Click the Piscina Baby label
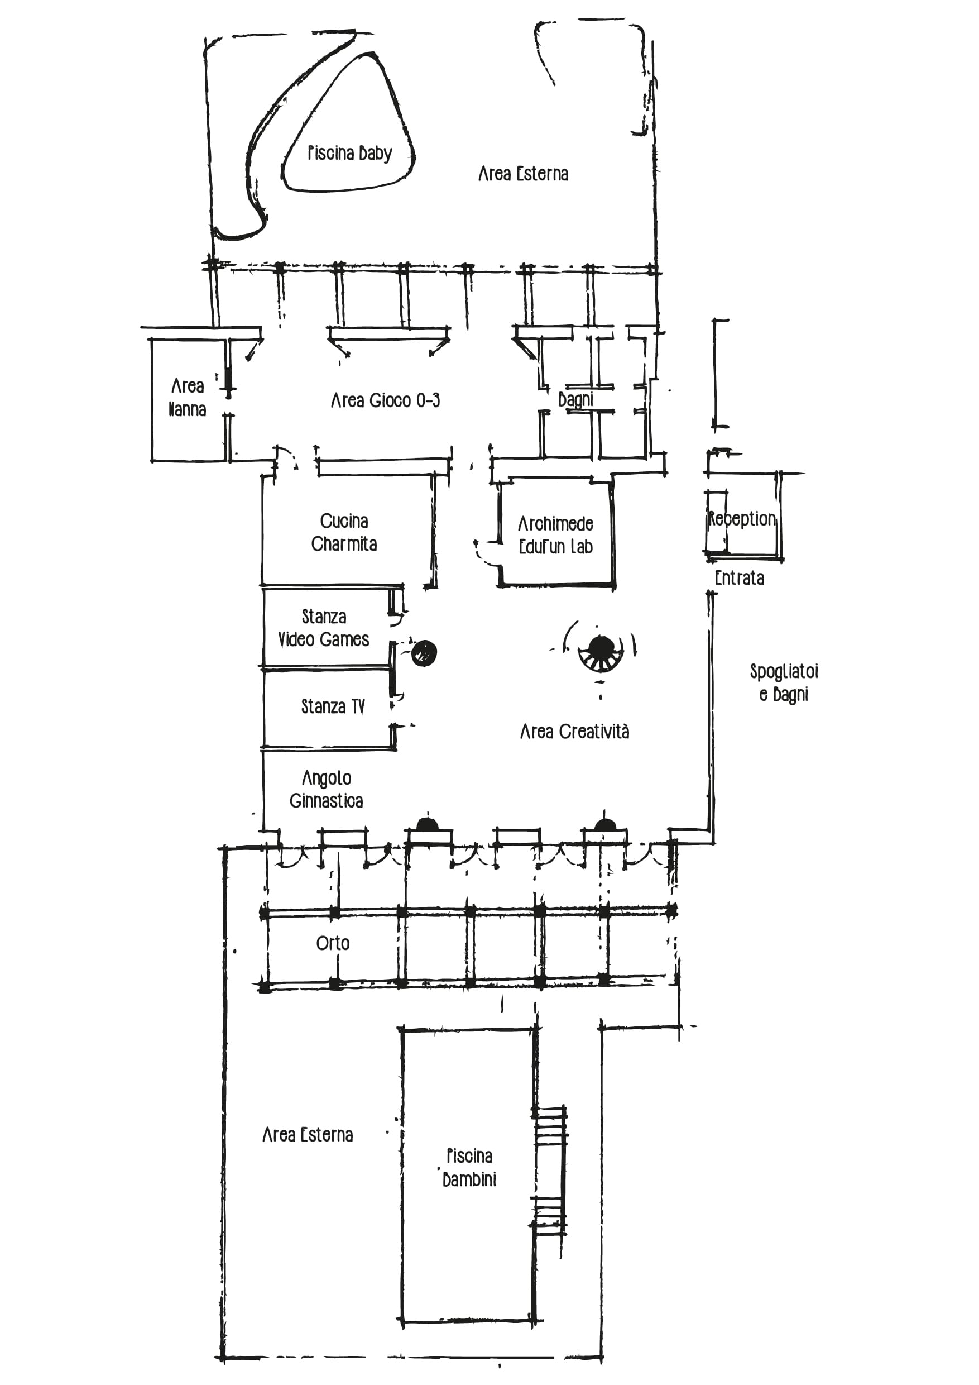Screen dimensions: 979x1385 tap(349, 153)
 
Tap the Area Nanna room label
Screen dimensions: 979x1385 tap(188, 398)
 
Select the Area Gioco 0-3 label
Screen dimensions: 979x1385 tap(385, 400)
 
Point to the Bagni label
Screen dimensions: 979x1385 tap(575, 399)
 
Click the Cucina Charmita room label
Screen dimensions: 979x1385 tap(344, 532)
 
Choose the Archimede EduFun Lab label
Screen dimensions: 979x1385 tap(556, 535)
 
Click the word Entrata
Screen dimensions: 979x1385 tap(739, 578)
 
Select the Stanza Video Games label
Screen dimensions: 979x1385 tap(324, 628)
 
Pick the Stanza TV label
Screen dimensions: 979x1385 tap(333, 706)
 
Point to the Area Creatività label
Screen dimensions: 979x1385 tap(574, 732)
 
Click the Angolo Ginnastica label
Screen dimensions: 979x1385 tap(326, 790)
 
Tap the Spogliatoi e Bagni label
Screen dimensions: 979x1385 tap(784, 684)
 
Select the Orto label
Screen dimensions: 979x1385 tap(333, 943)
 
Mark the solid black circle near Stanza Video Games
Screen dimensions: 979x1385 tap(424, 653)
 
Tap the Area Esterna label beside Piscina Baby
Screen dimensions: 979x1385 tap(523, 174)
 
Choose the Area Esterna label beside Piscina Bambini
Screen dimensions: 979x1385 tap(308, 1135)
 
